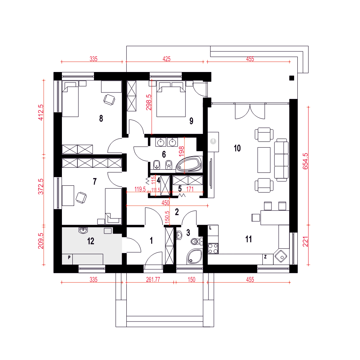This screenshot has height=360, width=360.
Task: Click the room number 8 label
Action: [x=101, y=118]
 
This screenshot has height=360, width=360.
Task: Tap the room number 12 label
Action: [x=91, y=241]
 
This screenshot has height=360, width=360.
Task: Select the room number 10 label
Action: [x=237, y=148]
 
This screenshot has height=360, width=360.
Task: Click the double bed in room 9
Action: [x=171, y=99]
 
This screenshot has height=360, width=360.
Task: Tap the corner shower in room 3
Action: [x=195, y=256]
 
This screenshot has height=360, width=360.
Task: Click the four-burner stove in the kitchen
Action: [x=213, y=248]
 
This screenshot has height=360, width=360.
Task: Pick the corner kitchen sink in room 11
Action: [x=281, y=256]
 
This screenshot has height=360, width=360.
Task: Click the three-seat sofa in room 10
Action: [x=282, y=160]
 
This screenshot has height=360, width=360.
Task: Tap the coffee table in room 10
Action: [x=264, y=160]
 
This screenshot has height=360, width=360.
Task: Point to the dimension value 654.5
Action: [x=305, y=161]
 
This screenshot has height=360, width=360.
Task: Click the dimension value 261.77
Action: [x=153, y=280]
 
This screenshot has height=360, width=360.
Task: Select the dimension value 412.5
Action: [x=41, y=112]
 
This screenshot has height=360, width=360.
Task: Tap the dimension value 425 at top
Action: [x=166, y=59]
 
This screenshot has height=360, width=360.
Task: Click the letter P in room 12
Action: [x=69, y=257]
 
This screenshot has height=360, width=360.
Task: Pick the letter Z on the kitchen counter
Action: [x=265, y=257]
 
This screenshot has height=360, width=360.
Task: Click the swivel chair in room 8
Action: [x=109, y=100]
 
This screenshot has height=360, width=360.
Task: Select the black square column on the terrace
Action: [x=292, y=78]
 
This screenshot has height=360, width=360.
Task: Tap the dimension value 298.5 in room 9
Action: [x=149, y=102]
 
